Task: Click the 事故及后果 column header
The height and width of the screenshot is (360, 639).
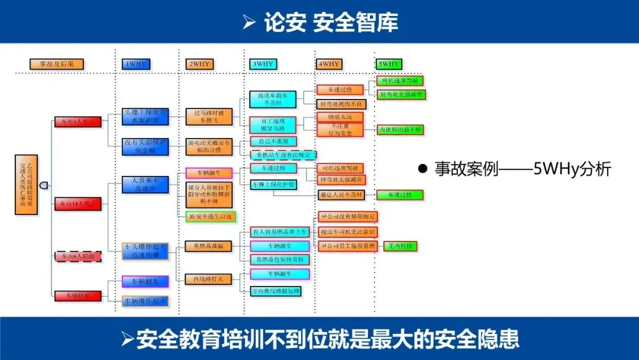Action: (57, 64)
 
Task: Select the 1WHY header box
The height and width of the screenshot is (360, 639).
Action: (135, 64)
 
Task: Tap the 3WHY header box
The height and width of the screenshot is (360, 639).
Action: (263, 64)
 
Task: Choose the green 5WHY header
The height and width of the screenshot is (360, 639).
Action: (389, 64)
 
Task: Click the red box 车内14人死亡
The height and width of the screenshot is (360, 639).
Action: (78, 204)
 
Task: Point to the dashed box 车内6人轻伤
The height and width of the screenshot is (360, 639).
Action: (78, 256)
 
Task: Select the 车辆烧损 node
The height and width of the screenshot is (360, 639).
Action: (78, 295)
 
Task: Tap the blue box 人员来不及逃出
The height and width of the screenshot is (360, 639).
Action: (145, 184)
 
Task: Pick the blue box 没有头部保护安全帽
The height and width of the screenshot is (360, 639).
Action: (145, 146)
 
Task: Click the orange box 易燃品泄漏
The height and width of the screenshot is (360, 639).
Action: (208, 245)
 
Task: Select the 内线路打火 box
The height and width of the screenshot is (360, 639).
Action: (208, 279)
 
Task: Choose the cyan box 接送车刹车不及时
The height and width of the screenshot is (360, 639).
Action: (272, 99)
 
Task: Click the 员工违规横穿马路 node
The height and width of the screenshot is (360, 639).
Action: (272, 124)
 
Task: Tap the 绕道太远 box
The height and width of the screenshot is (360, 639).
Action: (341, 117)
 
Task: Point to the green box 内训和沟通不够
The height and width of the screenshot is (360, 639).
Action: (401, 130)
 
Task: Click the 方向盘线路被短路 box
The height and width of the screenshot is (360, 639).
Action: (276, 291)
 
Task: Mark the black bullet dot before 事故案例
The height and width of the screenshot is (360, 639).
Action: (422, 169)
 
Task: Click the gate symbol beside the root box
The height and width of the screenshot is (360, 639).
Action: (44, 185)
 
